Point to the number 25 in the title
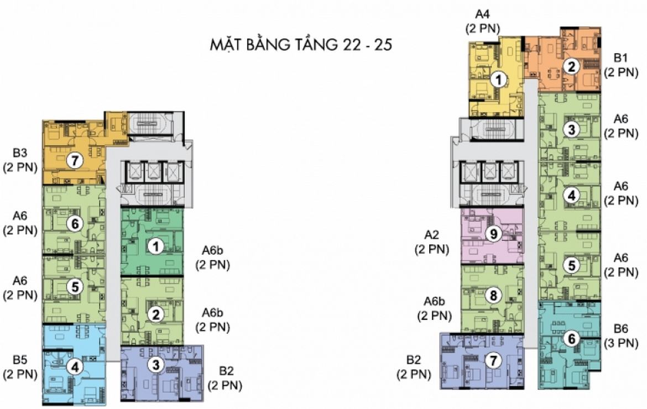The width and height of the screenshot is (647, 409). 382,44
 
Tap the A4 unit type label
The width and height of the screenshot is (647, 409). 482,14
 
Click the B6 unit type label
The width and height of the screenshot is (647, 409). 620,329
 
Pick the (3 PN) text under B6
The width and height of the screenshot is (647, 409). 620,343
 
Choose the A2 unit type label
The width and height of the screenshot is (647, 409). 431,234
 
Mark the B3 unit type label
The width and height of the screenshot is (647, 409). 19,153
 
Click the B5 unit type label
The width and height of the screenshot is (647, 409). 19,360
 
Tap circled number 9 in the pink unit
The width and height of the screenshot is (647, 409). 493,234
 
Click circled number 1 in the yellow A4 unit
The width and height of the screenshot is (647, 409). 499,80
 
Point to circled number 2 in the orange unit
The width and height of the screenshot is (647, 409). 571,66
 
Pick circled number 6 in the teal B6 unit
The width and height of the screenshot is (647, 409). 571,339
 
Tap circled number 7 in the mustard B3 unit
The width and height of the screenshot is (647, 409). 75,160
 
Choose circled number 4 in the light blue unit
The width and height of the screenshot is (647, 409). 75,366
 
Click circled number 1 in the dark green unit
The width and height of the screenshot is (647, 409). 155,247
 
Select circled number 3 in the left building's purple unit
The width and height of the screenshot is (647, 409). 155,364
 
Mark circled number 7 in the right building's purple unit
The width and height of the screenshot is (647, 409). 493,361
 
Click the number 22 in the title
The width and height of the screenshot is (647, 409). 351,44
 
